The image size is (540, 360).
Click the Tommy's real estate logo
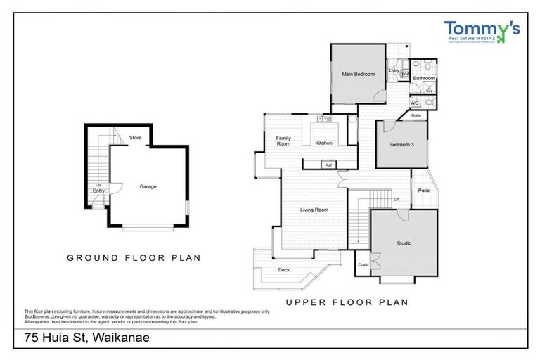482,32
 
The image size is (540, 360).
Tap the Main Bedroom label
359,74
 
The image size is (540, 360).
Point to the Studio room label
404,243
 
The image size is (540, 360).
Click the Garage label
148,186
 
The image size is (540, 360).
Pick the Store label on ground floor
136,138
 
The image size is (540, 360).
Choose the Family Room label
283,141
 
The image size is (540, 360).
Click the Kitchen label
323,143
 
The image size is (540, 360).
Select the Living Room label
314,210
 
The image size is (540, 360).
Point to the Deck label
283,269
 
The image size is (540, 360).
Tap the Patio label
423,190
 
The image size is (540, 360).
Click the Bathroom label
424,78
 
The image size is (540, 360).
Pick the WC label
414,103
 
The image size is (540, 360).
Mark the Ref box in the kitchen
328,165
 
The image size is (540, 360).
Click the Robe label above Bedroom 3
416,115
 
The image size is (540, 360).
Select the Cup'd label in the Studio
364,265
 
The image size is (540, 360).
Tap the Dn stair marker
397,199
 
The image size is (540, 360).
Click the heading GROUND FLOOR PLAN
134,258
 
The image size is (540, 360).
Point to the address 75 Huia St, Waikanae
88,337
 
